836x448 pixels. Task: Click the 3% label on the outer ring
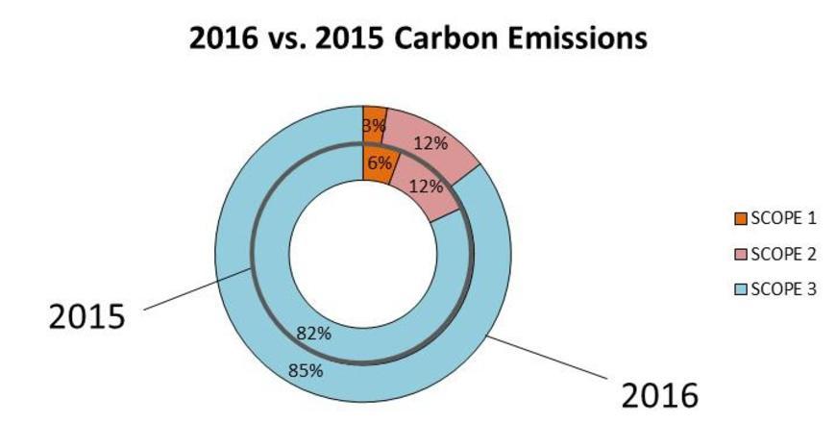(x=374, y=125)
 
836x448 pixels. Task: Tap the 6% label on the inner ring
(x=380, y=163)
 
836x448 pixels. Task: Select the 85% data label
(x=305, y=368)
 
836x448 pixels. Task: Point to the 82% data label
(x=314, y=334)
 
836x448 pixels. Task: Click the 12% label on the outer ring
(x=430, y=143)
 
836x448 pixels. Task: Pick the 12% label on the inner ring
(x=426, y=187)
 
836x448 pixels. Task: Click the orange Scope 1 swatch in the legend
(x=740, y=218)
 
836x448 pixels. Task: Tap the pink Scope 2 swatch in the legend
(x=740, y=254)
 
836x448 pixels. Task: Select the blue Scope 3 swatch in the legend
(x=740, y=289)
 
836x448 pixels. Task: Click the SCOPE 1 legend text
(x=782, y=218)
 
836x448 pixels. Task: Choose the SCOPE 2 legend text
(x=782, y=254)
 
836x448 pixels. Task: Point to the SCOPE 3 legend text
(x=782, y=289)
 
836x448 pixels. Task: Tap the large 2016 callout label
(x=659, y=395)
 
